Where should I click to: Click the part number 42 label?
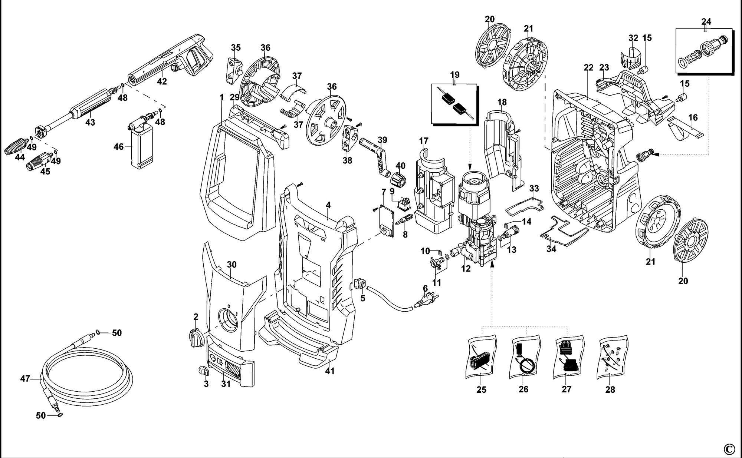(162, 82)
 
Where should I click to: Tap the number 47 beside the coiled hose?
(25, 379)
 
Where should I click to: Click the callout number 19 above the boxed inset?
(454, 75)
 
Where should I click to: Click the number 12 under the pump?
(466, 269)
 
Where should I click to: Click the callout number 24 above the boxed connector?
(706, 21)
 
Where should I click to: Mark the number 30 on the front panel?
(232, 265)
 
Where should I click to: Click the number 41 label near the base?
(329, 371)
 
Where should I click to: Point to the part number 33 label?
(534, 188)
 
